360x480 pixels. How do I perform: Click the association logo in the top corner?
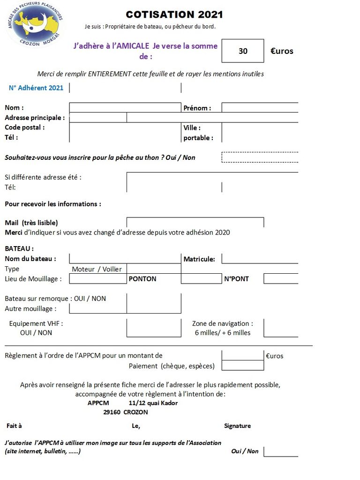36,25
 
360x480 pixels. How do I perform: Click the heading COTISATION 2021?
174,15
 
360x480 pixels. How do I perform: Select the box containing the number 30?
243,51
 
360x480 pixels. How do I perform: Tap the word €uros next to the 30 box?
282,51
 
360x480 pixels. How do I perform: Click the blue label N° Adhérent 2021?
36,88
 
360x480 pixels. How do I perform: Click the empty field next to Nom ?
125,108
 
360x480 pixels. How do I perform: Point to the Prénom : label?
197,108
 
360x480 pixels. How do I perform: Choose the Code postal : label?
25,127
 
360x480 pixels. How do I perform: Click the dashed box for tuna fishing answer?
260,157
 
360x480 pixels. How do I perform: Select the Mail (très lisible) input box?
195,222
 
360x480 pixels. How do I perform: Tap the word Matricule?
199,259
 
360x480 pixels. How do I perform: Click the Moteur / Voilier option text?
97,269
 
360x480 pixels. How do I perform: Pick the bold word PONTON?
142,279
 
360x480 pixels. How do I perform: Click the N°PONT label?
236,279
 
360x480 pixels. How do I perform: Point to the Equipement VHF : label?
36,323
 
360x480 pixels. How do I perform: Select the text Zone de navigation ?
223,323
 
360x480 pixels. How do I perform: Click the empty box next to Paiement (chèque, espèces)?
242,366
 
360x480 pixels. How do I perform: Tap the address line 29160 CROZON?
126,412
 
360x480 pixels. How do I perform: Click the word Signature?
237,426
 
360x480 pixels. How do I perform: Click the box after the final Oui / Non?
280,451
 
